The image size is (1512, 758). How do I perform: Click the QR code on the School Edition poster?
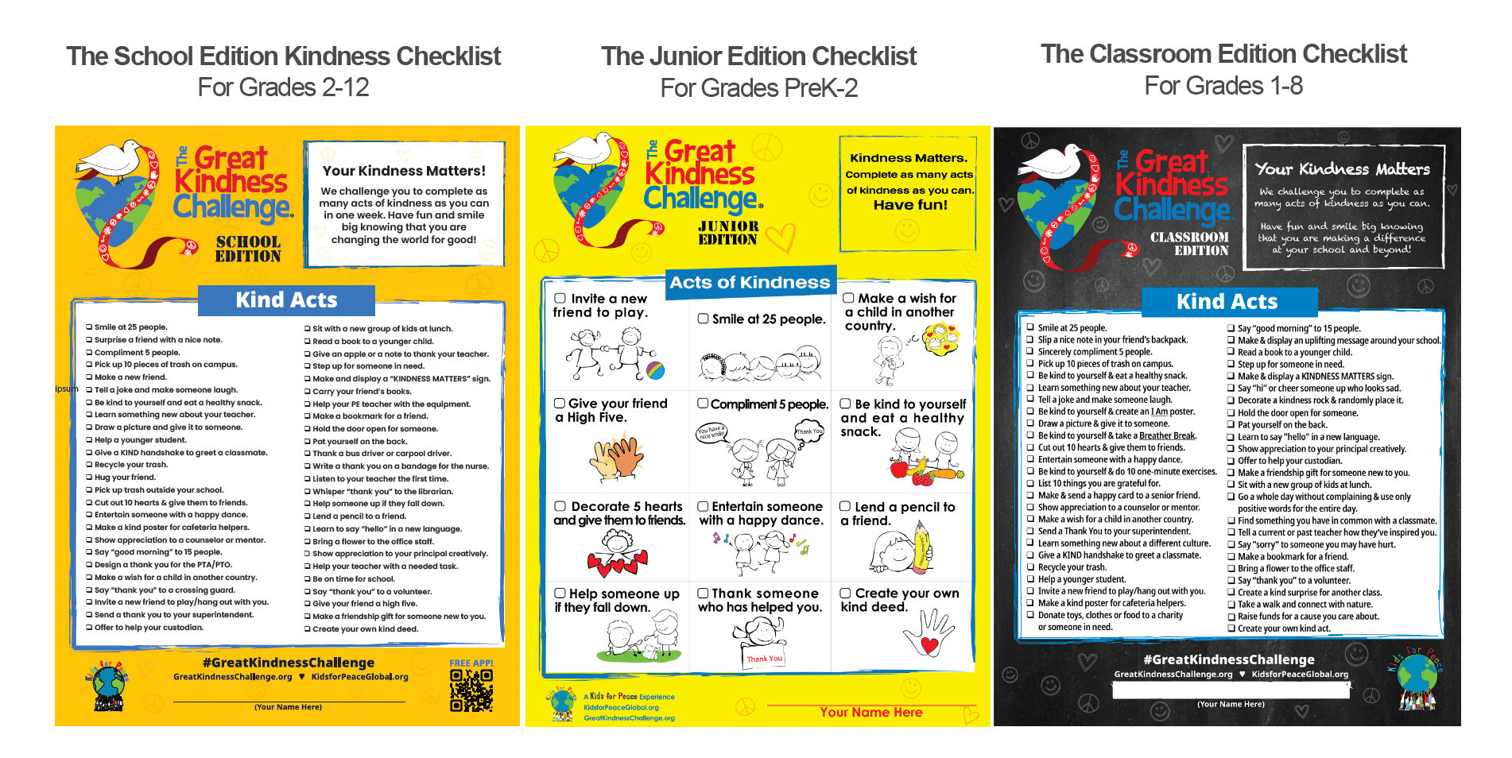point(471,690)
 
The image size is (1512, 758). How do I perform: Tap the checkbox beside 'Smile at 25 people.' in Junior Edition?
point(704,319)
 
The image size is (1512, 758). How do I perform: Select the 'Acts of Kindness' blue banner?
point(750,283)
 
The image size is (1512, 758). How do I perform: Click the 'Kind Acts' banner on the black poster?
point(1227,302)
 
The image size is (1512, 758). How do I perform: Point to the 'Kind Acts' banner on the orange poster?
point(286,300)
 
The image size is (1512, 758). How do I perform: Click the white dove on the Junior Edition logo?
point(589,151)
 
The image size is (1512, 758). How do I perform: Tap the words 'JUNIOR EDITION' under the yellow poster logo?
point(728,233)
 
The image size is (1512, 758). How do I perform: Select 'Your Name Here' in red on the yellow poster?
point(871,713)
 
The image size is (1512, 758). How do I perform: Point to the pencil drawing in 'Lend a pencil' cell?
point(921,546)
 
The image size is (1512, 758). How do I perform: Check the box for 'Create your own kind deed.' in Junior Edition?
point(846,593)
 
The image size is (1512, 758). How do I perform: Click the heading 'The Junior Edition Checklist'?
point(758,56)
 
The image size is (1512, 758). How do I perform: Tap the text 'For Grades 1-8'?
point(1223,86)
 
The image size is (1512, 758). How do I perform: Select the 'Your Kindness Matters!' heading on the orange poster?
point(404,171)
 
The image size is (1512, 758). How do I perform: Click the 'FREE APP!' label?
point(471,663)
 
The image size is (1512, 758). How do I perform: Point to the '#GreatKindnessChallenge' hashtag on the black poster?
point(1228,659)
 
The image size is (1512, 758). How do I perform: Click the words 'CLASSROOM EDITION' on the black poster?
point(1189,244)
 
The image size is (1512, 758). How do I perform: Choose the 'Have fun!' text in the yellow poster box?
point(910,205)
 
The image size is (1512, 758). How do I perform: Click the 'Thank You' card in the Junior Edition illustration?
point(764,659)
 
